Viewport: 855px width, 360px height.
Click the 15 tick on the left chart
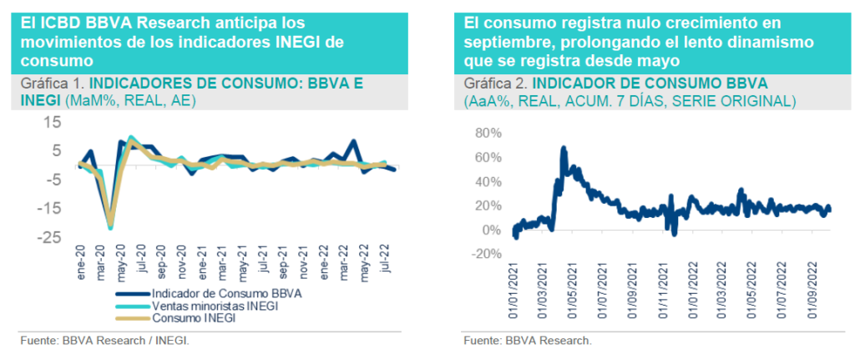coord(52,122)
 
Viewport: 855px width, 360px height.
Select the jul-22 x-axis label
coord(384,262)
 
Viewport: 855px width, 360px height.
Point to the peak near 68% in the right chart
coord(564,150)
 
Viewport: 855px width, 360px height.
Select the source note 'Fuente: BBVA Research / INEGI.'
coord(104,341)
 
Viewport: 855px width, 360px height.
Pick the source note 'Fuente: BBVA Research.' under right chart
coord(528,341)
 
